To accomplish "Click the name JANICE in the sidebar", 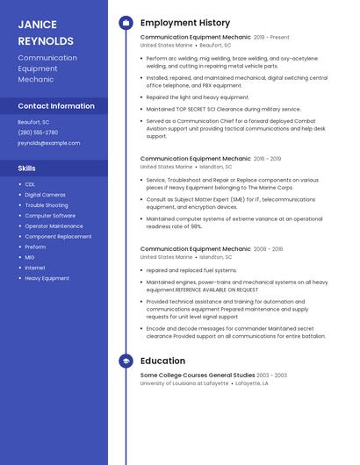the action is pyautogui.click(x=37, y=25).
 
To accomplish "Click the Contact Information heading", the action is pyautogui.click(x=56, y=106).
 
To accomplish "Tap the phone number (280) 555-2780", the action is pyautogui.click(x=38, y=132).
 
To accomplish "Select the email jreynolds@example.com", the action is pyautogui.click(x=48, y=143).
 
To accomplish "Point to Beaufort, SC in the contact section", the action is pyautogui.click(x=33, y=122).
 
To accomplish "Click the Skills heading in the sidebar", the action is pyautogui.click(x=26, y=168).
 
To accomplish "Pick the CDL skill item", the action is pyautogui.click(x=30, y=184).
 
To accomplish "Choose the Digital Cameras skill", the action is pyautogui.click(x=45, y=195).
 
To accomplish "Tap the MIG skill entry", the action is pyautogui.click(x=31, y=257).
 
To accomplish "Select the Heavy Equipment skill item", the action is pyautogui.click(x=47, y=278).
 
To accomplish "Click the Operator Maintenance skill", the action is pyautogui.click(x=54, y=226).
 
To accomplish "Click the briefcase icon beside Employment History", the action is pyautogui.click(x=126, y=23).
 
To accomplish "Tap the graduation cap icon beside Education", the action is pyautogui.click(x=126, y=361).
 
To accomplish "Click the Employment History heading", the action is pyautogui.click(x=184, y=23).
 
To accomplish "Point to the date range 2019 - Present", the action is pyautogui.click(x=271, y=38).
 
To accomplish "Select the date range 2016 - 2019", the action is pyautogui.click(x=267, y=159).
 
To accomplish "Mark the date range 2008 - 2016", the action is pyautogui.click(x=268, y=249).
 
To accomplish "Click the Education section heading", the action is pyautogui.click(x=162, y=361).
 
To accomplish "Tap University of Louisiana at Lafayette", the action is pyautogui.click(x=184, y=383).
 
